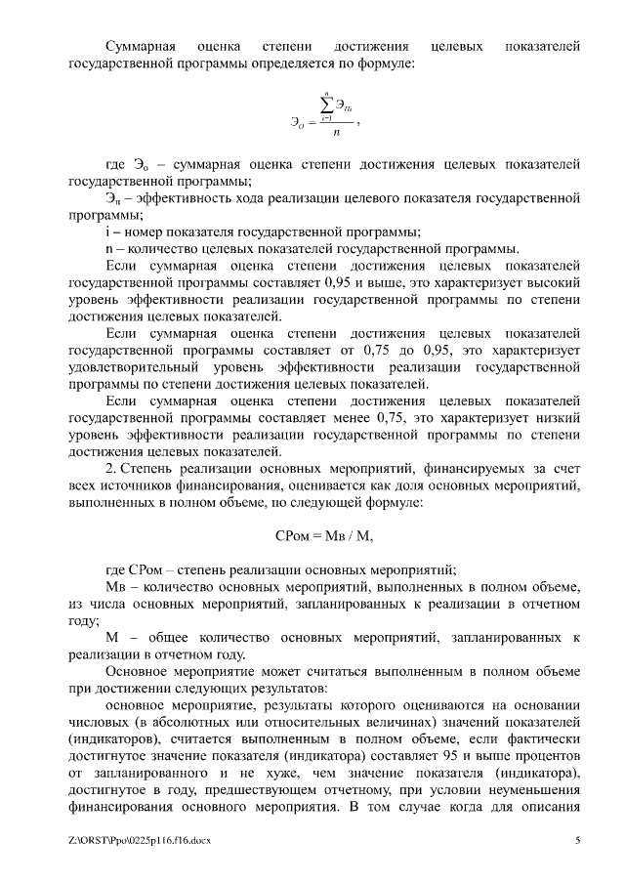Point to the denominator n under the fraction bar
[336, 135]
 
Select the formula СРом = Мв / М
[325, 534]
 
